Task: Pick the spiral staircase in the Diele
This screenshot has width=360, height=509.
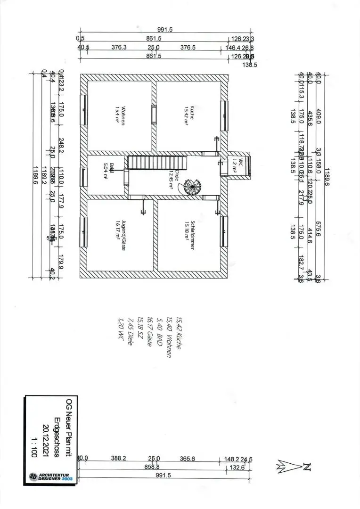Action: [192, 188]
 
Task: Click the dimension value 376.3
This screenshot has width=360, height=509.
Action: [119, 47]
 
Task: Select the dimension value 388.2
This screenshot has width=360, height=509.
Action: [119, 458]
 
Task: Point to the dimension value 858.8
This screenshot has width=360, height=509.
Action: [152, 467]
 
